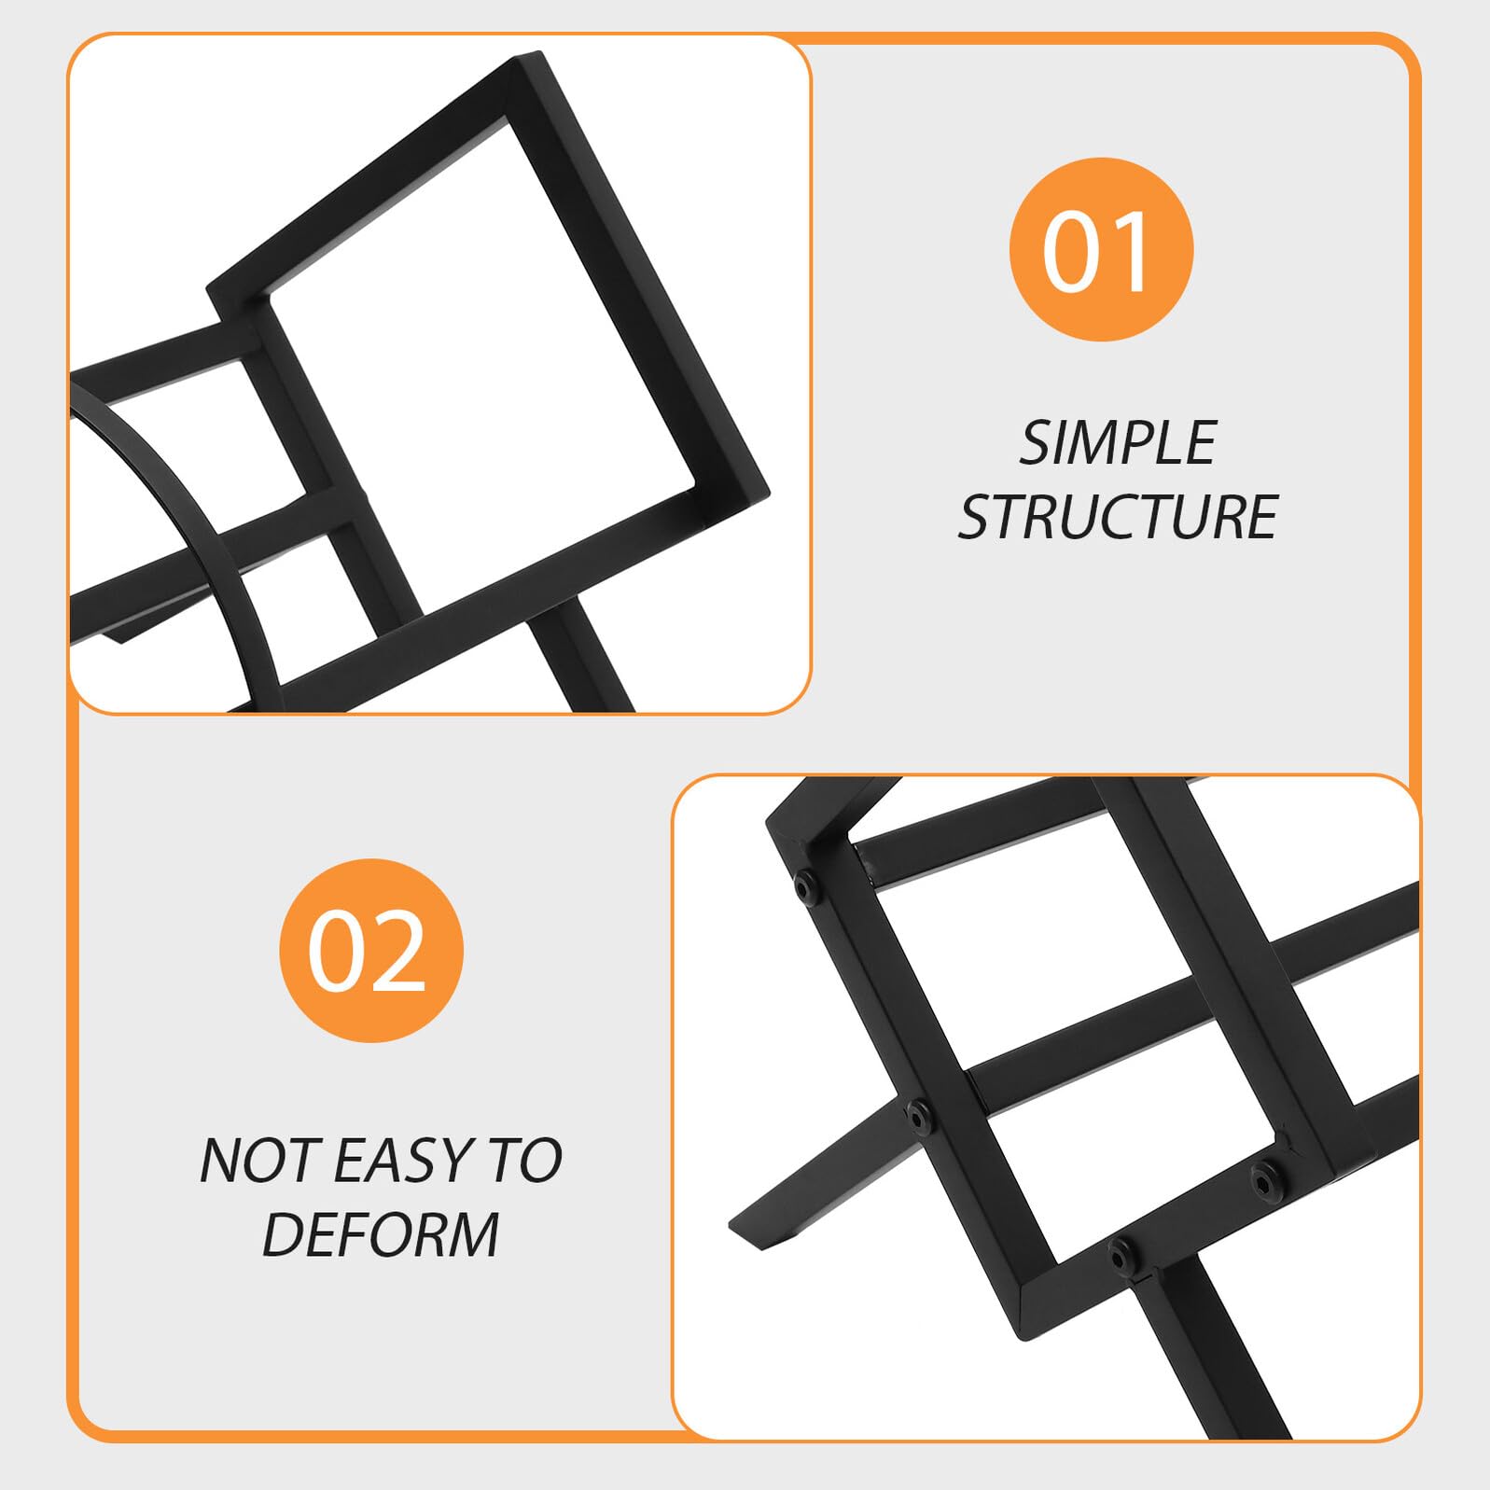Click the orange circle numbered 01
(1101, 249)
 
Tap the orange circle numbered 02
(371, 950)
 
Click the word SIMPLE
(1118, 442)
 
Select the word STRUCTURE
(1118, 517)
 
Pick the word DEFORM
(381, 1234)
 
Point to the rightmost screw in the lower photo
(1267, 1177)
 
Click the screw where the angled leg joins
(919, 1115)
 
